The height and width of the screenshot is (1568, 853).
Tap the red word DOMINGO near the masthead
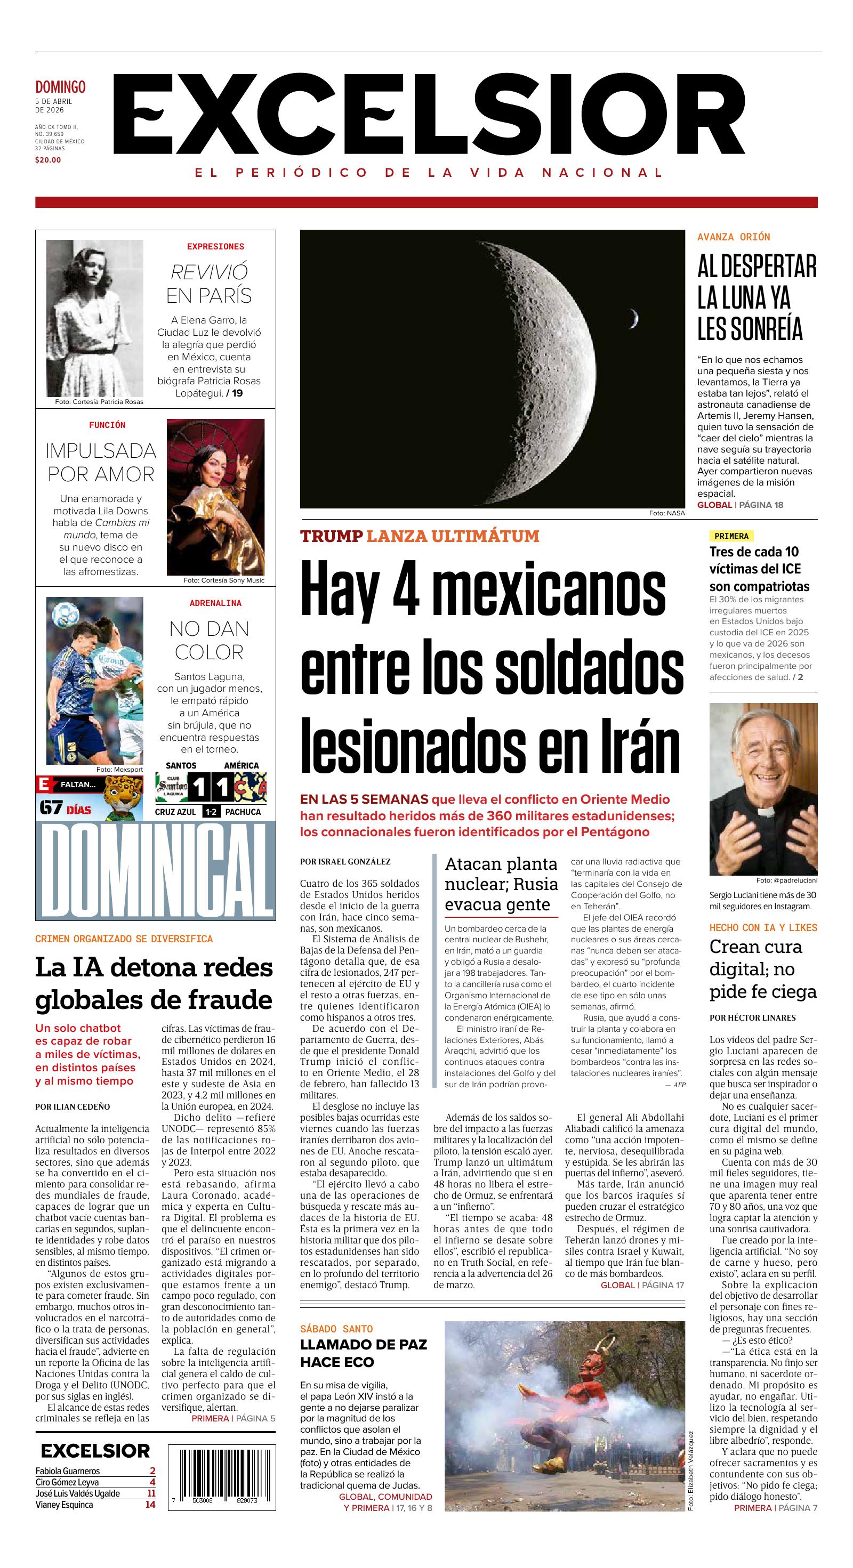click(x=60, y=87)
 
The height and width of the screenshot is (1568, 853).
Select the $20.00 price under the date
click(x=48, y=160)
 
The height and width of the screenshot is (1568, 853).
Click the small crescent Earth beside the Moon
click(x=634, y=318)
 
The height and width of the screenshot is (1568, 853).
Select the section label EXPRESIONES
click(x=215, y=247)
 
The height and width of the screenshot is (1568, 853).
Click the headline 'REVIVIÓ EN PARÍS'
click(x=209, y=284)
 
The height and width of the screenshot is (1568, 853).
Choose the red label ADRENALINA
click(x=215, y=603)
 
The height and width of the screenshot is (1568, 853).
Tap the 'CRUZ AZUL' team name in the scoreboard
click(x=175, y=811)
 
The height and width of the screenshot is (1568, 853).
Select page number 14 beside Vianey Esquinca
click(x=150, y=1505)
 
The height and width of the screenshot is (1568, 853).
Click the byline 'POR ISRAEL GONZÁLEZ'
click(x=345, y=861)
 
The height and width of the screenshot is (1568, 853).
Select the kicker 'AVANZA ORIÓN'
click(x=734, y=237)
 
